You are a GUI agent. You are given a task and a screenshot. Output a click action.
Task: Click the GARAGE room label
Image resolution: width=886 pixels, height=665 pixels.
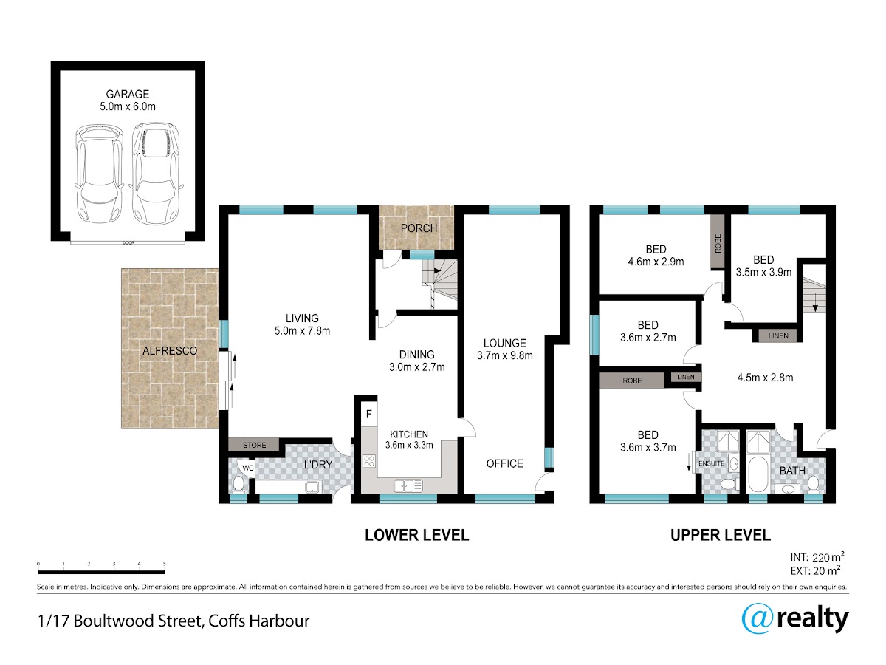coord(128,94)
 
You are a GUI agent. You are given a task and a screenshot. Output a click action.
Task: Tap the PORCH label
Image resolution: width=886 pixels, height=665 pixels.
coord(419,228)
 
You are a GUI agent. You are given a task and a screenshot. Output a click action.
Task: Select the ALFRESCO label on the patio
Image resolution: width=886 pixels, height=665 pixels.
coord(170,351)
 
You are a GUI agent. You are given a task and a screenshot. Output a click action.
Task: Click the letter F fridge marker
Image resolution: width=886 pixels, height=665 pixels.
coord(369,414)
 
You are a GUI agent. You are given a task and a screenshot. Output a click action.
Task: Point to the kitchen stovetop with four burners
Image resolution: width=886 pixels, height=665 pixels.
coord(369,460)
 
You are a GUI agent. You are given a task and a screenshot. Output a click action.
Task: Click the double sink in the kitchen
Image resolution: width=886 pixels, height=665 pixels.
coord(408,485)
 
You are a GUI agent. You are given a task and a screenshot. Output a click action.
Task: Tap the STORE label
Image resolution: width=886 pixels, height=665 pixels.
coord(254,445)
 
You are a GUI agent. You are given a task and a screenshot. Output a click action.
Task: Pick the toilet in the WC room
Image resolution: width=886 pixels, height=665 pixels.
coord(238,485)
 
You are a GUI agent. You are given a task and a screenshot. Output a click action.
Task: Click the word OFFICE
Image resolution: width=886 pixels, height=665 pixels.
coord(504,463)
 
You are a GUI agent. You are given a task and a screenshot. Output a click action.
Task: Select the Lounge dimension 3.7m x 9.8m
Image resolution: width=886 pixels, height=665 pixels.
coord(504,355)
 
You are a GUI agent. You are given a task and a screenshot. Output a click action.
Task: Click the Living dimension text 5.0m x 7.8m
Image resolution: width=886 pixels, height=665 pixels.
coord(302,331)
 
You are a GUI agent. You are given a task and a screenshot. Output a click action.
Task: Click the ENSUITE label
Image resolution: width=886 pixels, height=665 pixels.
coord(711,463)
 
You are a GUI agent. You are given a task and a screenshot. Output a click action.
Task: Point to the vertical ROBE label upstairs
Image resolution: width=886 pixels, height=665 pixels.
coord(718,244)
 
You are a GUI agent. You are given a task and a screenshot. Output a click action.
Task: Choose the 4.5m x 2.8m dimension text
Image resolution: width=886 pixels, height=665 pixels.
coord(765,378)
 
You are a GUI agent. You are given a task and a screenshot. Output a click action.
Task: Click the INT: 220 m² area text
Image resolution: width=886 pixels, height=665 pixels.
coord(817,557)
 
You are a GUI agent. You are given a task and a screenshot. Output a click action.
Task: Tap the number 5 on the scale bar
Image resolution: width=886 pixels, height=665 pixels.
coord(165,564)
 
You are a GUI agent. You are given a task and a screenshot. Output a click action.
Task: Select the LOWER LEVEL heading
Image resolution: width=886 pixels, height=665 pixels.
coord(416,535)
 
